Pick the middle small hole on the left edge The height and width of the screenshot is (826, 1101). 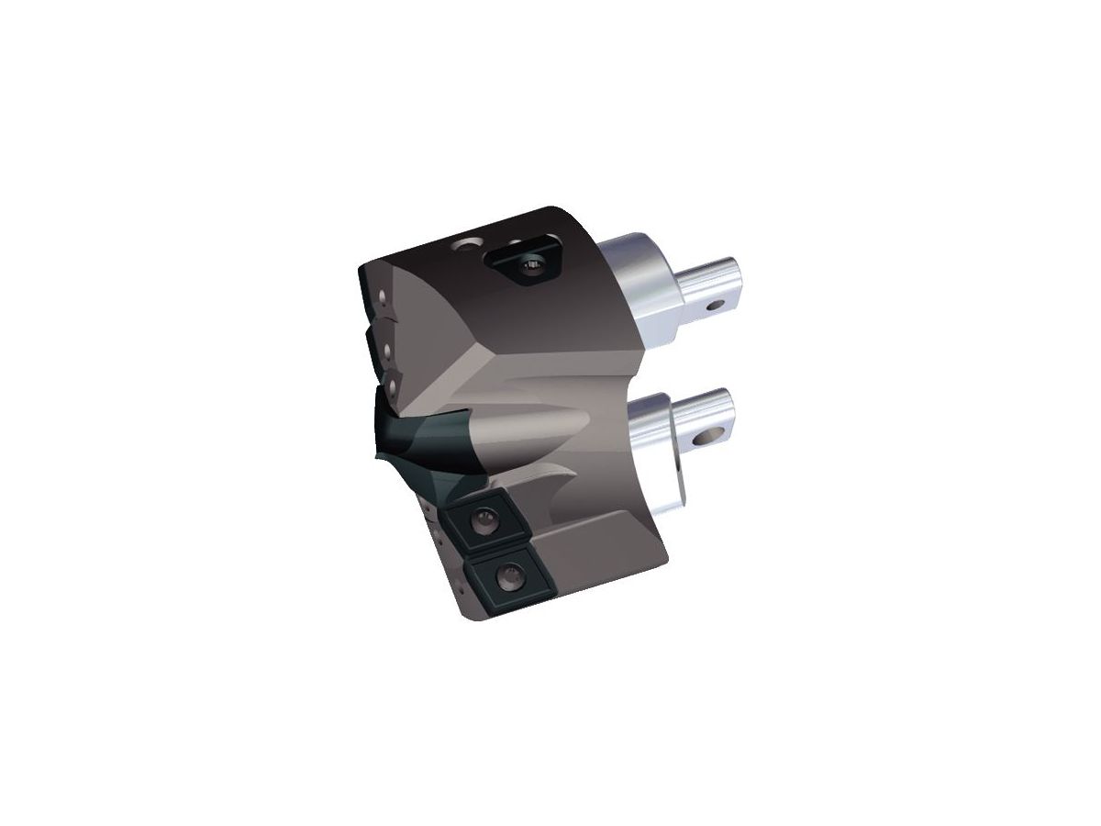pos(388,350)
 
